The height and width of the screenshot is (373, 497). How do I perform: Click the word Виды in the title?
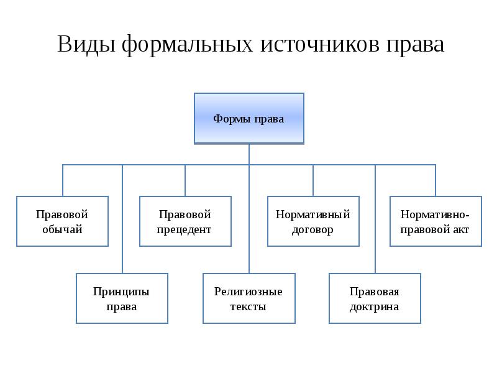(x=86, y=44)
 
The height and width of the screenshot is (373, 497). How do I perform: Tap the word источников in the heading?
(x=319, y=44)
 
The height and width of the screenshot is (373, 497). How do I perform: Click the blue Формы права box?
(x=249, y=118)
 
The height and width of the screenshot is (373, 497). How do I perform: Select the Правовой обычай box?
(x=63, y=221)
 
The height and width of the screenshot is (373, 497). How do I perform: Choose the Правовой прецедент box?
(x=185, y=221)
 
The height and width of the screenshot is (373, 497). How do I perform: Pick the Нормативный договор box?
(x=313, y=221)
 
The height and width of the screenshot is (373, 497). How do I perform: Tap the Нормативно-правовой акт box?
(x=435, y=221)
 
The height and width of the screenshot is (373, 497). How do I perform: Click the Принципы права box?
(x=122, y=298)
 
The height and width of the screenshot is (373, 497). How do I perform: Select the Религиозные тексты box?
(x=249, y=298)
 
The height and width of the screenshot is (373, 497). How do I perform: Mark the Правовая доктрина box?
(x=375, y=298)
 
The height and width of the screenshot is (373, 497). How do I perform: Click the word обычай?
(x=63, y=229)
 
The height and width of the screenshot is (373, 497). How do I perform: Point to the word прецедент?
(x=184, y=229)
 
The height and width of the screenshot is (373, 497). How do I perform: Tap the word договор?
(x=312, y=229)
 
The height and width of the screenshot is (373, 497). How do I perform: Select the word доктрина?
(x=375, y=307)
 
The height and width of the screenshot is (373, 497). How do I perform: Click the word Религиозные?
(x=248, y=292)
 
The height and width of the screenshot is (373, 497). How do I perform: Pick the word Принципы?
(x=121, y=292)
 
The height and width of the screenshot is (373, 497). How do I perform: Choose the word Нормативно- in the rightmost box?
(x=435, y=214)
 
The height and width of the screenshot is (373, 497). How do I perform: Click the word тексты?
(x=248, y=306)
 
